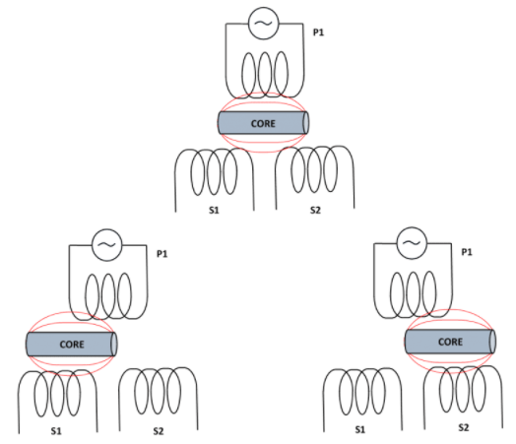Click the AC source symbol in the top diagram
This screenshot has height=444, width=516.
[263, 24]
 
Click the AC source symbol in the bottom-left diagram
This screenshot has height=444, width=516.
[107, 245]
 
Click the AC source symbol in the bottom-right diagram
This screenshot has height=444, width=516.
[412, 243]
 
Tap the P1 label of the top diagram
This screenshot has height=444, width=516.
[318, 32]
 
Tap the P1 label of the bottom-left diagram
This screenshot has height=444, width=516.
[161, 254]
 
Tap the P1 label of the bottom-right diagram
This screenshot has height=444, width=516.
[467, 252]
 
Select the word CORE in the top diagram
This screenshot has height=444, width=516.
[263, 124]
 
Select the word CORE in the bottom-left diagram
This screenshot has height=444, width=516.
[72, 345]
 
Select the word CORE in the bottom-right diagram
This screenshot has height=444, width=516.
[450, 342]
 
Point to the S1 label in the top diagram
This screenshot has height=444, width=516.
[214, 210]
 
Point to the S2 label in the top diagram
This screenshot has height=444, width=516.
[315, 210]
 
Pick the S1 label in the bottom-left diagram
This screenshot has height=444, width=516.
[56, 431]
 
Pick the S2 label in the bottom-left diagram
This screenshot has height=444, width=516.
[159, 431]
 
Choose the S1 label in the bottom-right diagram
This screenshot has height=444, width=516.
[360, 429]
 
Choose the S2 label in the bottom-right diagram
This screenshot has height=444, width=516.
[464, 427]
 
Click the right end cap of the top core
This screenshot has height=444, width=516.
[306, 123]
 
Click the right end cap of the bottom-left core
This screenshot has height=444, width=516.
[114, 344]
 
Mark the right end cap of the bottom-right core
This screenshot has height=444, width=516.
[492, 342]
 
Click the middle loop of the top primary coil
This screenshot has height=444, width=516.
[265, 75]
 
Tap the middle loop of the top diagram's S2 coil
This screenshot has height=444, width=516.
[313, 169]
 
